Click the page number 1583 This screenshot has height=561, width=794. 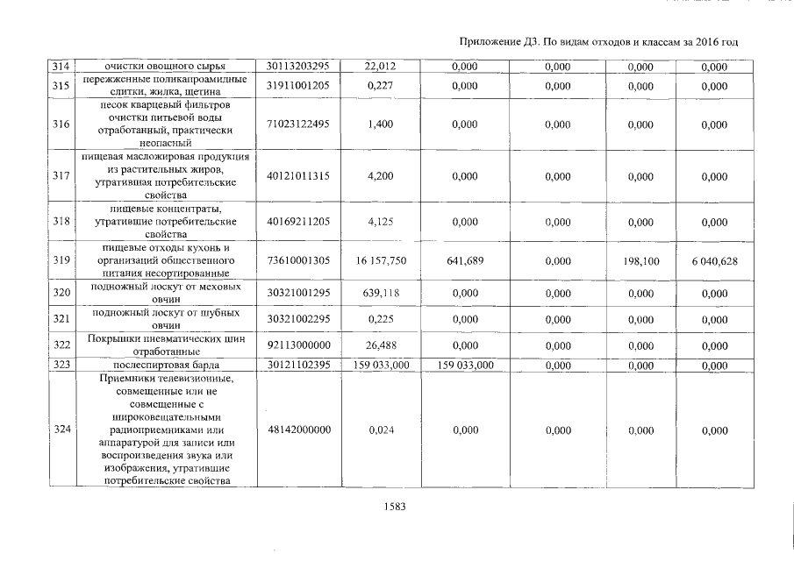[392, 506]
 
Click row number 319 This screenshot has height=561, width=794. [61, 260]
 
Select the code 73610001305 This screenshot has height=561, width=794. [297, 260]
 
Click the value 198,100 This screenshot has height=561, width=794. [640, 260]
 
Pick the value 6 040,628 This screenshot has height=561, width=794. [714, 260]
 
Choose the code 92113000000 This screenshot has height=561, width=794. [297, 344]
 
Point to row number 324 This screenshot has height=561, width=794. [61, 430]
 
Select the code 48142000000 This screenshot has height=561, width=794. [297, 430]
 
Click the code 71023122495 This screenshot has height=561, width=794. [297, 124]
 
